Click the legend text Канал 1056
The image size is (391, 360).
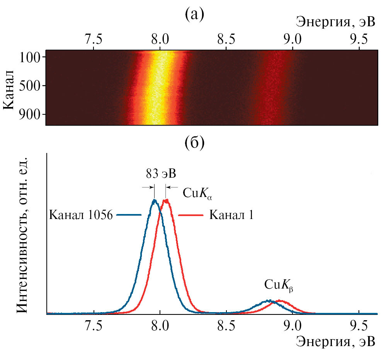(x=81, y=215)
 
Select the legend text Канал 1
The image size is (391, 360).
(x=231, y=215)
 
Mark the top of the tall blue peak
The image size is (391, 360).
(x=155, y=200)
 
